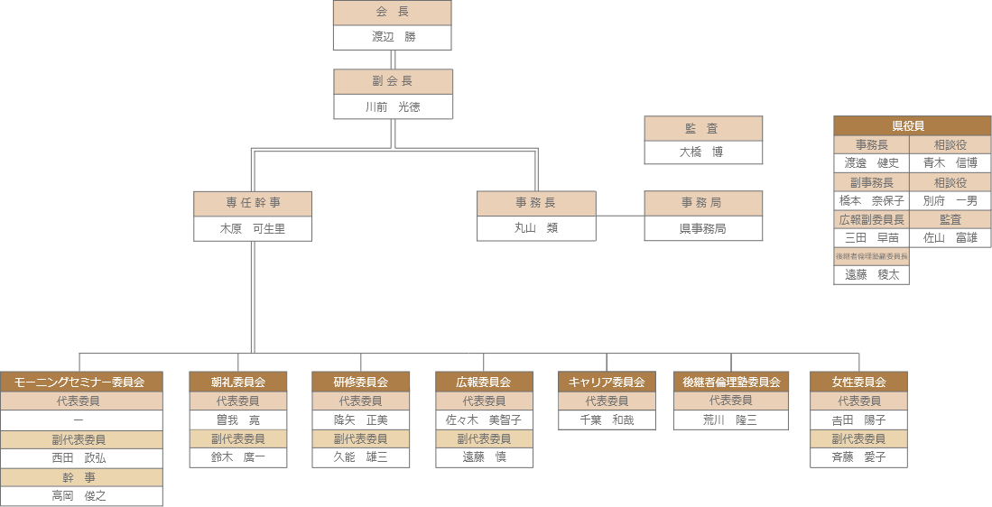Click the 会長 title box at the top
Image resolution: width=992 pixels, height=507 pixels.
pos(392,13)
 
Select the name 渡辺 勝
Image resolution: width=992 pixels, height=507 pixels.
pos(392,37)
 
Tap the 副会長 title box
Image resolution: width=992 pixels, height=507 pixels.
pos(393,82)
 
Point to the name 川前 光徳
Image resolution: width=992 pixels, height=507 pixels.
pos(393,106)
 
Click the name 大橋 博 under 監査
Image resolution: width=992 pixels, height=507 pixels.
pos(703,152)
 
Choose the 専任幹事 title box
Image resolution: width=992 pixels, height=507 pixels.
pos(253,204)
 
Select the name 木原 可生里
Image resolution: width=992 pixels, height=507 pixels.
pos(253,229)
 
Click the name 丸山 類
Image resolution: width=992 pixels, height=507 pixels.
pos(536,228)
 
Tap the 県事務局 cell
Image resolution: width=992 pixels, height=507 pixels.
pos(703,229)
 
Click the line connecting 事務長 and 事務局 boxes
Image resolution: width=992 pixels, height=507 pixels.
pos(620,216)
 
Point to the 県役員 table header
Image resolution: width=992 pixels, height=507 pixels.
pos(912,126)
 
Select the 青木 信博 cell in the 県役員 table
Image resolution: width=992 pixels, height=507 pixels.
pos(950,163)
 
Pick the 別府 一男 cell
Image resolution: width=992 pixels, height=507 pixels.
pos(950,200)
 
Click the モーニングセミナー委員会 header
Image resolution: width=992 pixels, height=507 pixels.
pos(80,382)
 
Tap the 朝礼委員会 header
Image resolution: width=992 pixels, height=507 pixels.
pos(238,382)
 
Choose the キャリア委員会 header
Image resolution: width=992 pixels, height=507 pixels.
pos(607,382)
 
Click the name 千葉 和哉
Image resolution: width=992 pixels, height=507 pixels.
pos(607,419)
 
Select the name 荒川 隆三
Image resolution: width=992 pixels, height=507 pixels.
pos(731,419)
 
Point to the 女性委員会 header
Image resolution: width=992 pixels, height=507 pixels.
pos(858,382)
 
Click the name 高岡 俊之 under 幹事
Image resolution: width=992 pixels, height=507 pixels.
pos(80,495)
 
